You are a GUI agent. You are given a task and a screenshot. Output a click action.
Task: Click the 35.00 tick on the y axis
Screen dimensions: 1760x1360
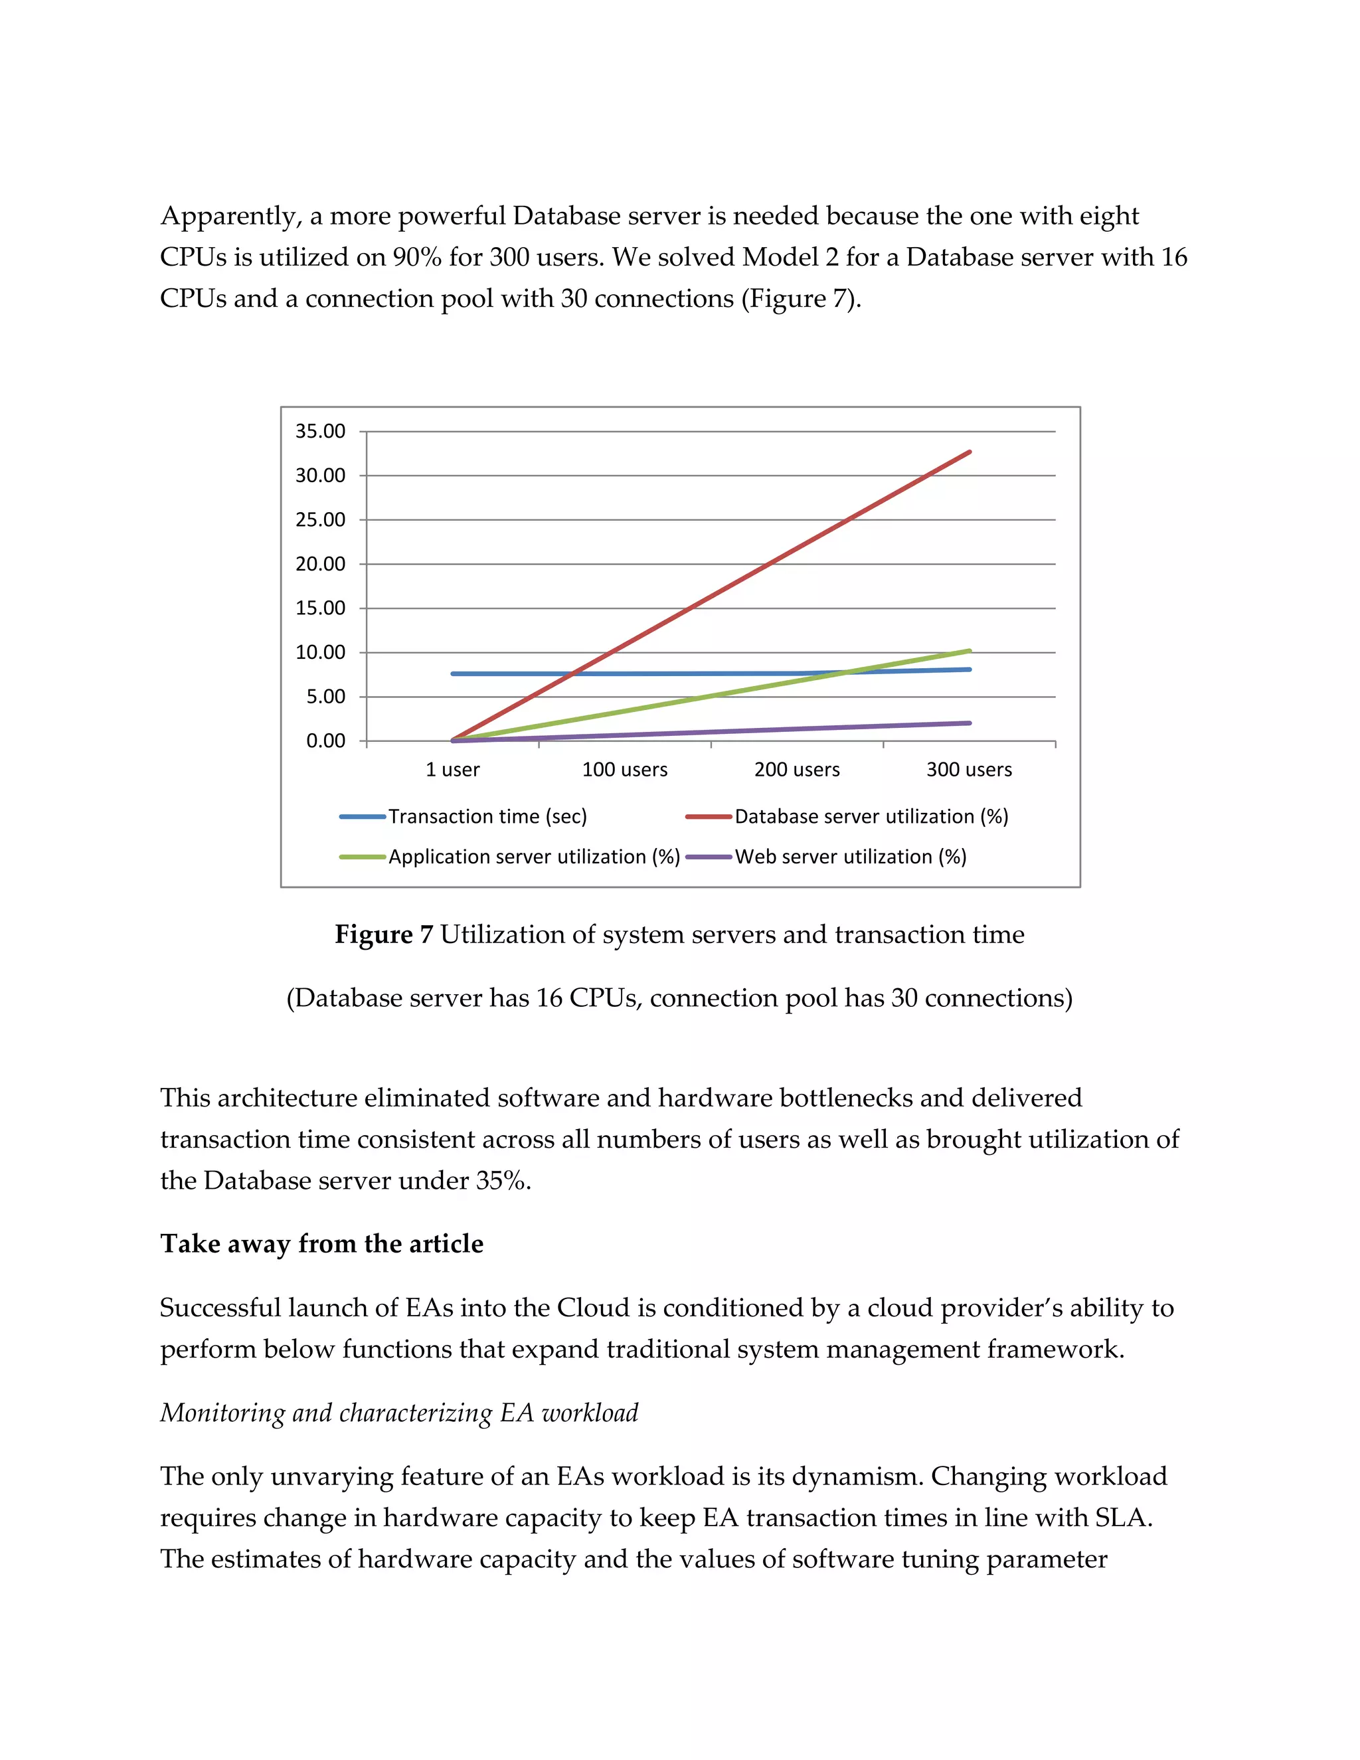[320, 431]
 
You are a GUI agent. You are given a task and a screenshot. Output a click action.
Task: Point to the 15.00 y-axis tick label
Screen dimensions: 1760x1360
[320, 608]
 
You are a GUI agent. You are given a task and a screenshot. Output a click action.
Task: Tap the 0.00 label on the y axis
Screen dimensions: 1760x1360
[325, 741]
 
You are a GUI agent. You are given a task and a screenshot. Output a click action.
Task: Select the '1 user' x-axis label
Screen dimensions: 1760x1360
[452, 770]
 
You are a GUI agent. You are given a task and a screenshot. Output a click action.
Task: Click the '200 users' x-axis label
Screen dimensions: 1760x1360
[796, 770]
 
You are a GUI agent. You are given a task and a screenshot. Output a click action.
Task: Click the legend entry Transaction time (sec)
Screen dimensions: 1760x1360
[487, 816]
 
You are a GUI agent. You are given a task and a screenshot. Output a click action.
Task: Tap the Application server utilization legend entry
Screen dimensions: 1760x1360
[533, 857]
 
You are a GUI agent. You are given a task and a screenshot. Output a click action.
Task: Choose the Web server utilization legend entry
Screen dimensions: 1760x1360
[850, 857]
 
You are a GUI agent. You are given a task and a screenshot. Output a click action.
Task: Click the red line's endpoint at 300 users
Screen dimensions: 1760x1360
[970, 452]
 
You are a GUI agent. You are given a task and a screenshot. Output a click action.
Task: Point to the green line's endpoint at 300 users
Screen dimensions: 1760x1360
[970, 650]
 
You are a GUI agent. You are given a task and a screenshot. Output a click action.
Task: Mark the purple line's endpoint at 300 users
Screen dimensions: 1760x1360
[970, 723]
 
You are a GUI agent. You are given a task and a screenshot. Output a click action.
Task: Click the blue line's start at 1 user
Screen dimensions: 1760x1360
[453, 673]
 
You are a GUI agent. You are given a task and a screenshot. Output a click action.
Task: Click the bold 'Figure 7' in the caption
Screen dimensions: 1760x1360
[384, 935]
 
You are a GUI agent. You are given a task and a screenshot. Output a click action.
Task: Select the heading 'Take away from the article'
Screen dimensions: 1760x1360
[321, 1243]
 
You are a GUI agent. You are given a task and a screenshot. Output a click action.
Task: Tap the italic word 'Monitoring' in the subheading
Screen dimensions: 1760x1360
[223, 1413]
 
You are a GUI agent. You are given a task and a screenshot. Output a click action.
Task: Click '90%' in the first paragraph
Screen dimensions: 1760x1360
[416, 257]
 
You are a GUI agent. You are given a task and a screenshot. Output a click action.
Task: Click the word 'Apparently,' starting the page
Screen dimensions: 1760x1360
[230, 216]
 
